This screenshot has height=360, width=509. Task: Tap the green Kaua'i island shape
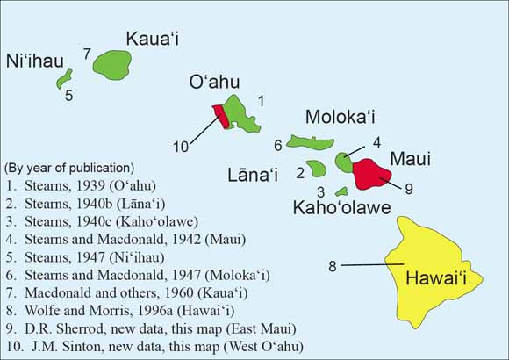pos(111,64)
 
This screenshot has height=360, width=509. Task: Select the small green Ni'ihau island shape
pos(64,80)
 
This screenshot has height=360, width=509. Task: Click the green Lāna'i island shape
pos(316,167)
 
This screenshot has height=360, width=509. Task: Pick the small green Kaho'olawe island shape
pos(341,191)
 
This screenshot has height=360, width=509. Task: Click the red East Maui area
pos(374,172)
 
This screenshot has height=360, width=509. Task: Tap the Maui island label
pos(410,158)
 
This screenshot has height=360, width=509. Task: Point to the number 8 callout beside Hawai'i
pos(333,264)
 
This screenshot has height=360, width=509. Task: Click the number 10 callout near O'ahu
pos(180,147)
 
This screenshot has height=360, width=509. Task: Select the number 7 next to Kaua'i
pos(87,54)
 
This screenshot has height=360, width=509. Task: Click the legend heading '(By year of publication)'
pos(69,168)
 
